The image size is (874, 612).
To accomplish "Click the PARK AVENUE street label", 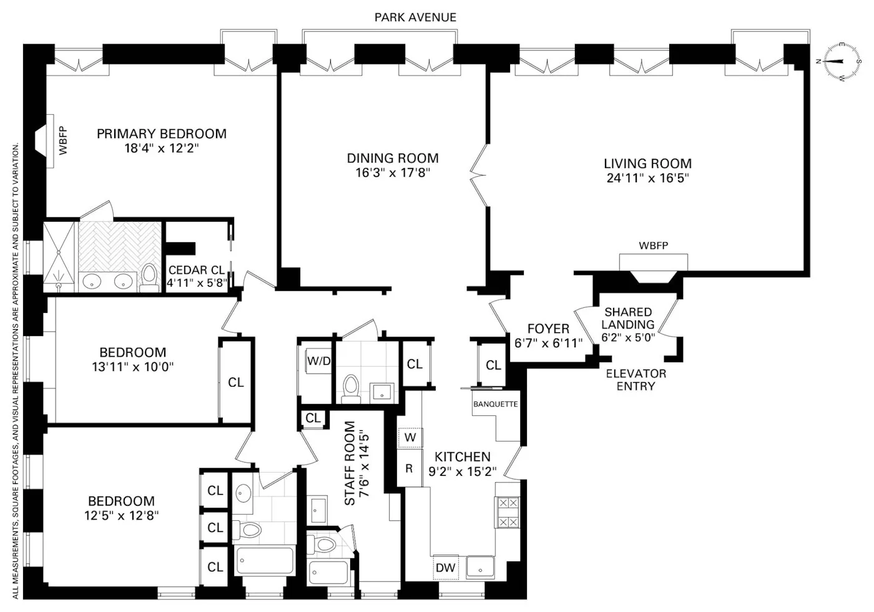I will [415, 17].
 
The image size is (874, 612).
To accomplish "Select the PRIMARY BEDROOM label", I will [161, 134].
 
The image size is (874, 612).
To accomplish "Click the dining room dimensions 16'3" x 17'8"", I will [393, 172].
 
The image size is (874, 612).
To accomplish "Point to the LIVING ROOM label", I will [647, 164].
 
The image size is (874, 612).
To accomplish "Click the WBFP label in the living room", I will [653, 246].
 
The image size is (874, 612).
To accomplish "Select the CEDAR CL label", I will [196, 270].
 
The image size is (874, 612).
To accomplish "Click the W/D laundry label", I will [318, 361].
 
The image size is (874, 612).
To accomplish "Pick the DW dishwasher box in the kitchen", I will [445, 568].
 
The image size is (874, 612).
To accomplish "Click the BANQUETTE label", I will [495, 404].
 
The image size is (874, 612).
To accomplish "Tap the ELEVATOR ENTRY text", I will [636, 380].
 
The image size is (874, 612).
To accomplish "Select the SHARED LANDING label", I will [628, 318].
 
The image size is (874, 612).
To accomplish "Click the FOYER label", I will [548, 329].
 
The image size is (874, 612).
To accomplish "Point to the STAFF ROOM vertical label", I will [350, 463].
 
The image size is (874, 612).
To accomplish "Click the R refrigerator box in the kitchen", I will [410, 468].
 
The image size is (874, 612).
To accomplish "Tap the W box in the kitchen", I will [410, 438].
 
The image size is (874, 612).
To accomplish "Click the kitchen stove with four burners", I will [507, 512].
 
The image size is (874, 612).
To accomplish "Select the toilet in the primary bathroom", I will [149, 279].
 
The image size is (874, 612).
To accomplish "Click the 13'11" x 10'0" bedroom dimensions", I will [132, 367].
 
